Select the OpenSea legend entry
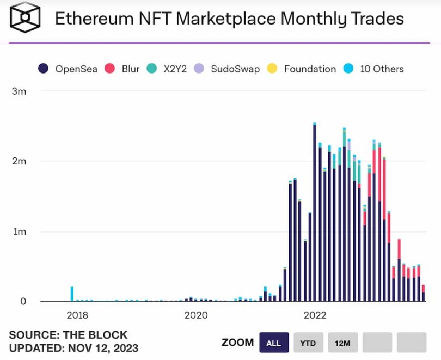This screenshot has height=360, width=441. point(69,69)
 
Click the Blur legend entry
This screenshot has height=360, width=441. point(122,69)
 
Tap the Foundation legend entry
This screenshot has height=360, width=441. point(303,69)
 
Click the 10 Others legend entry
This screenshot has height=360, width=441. point(375,69)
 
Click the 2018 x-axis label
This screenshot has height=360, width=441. point(77,315)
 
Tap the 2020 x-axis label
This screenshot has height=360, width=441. point(196,315)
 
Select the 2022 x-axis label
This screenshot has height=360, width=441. point(315,315)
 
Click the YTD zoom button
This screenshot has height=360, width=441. point(308,343)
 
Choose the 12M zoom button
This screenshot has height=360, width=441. point(342,343)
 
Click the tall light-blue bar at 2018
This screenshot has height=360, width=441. point(72,294)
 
